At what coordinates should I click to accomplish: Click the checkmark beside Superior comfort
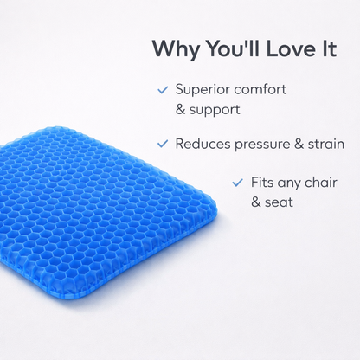click(163, 89)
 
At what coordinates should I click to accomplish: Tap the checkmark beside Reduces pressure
click(163, 143)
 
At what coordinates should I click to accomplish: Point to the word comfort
click(262, 90)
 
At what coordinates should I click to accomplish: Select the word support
click(216, 111)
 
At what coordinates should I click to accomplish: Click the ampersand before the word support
click(181, 110)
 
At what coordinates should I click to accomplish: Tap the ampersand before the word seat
click(256, 203)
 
